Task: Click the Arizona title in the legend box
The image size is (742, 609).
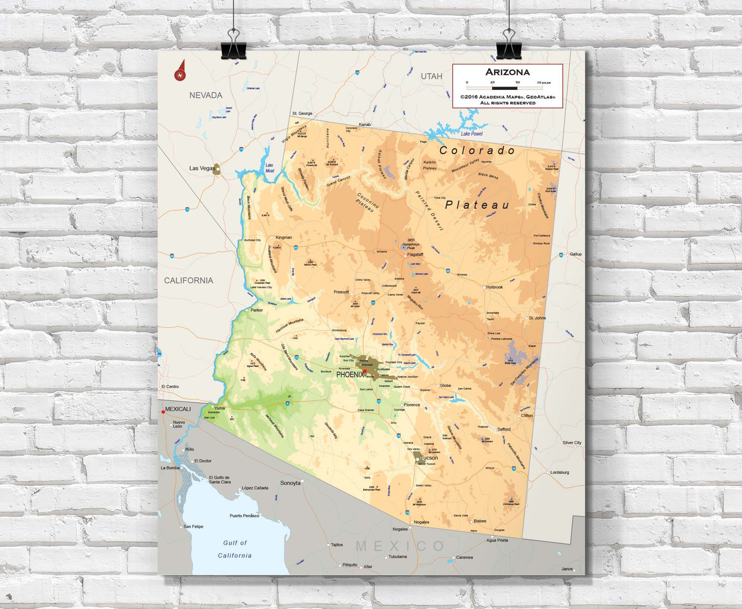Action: [x=507, y=72]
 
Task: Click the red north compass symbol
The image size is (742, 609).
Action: [x=180, y=72]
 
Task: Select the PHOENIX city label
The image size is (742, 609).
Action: [x=350, y=375]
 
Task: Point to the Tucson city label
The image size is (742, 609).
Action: [x=429, y=458]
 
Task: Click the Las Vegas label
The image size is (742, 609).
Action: [x=202, y=168]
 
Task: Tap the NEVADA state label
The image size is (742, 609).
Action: [x=205, y=95]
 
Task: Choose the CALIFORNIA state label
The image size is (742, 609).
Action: [x=188, y=280]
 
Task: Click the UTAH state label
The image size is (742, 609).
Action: [x=431, y=76]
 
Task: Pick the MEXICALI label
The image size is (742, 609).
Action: [x=178, y=409]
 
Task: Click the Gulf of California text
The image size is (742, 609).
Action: [x=235, y=549]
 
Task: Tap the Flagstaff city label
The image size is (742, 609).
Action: [x=415, y=255]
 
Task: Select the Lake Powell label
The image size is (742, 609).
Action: [x=472, y=133]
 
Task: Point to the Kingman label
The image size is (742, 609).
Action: [x=283, y=237]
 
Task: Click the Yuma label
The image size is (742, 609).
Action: [x=220, y=408]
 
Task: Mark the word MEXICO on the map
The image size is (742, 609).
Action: [x=400, y=546]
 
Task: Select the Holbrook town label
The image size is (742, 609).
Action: [x=494, y=287]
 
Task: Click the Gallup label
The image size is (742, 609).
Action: [x=575, y=254]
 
